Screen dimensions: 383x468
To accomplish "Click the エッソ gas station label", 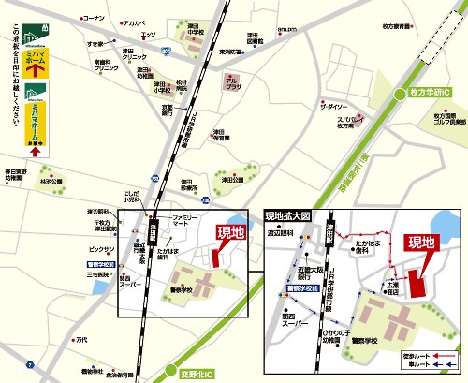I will click(148, 35).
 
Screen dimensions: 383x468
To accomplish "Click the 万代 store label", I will click(82, 339).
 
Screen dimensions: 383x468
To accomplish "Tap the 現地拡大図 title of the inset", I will click(286, 214).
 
